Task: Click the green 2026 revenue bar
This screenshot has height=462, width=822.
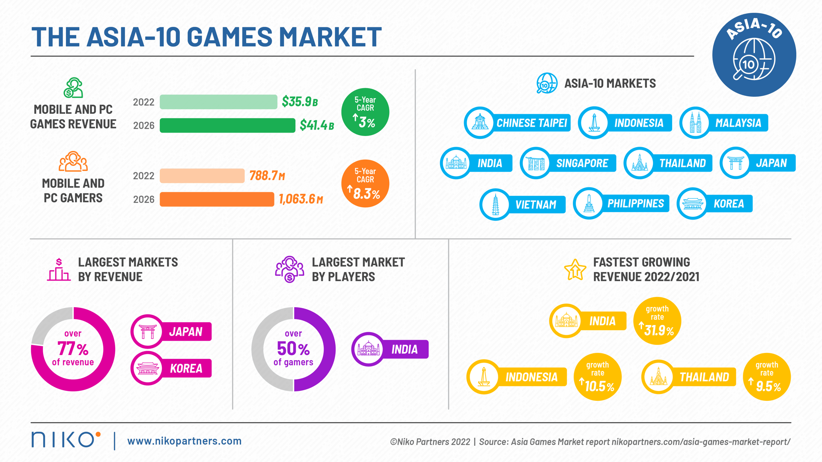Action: click(227, 125)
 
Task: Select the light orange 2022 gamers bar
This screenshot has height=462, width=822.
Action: click(202, 176)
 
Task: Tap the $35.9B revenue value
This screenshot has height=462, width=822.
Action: click(300, 102)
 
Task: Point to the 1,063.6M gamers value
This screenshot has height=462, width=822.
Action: click(301, 199)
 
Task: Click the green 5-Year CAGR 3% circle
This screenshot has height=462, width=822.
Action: click(365, 112)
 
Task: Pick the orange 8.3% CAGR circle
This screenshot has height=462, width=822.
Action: click(365, 184)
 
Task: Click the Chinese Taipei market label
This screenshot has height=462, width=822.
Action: click(531, 123)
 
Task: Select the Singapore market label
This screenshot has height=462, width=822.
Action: click(582, 163)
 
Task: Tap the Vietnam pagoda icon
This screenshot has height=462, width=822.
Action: click(495, 204)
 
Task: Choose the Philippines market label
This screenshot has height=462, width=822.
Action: click(635, 204)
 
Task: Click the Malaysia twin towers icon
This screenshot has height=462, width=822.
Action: click(695, 123)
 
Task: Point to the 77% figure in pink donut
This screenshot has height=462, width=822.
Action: click(73, 349)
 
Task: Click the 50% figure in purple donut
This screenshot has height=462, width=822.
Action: click(293, 349)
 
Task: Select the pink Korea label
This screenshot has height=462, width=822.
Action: click(186, 368)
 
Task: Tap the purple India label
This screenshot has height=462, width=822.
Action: click(404, 349)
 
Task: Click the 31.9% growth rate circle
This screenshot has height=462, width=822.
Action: click(657, 321)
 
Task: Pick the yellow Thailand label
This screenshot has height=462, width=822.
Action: click(704, 377)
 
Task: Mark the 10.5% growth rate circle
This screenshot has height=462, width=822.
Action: click(598, 377)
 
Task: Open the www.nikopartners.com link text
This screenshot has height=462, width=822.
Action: click(185, 441)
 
